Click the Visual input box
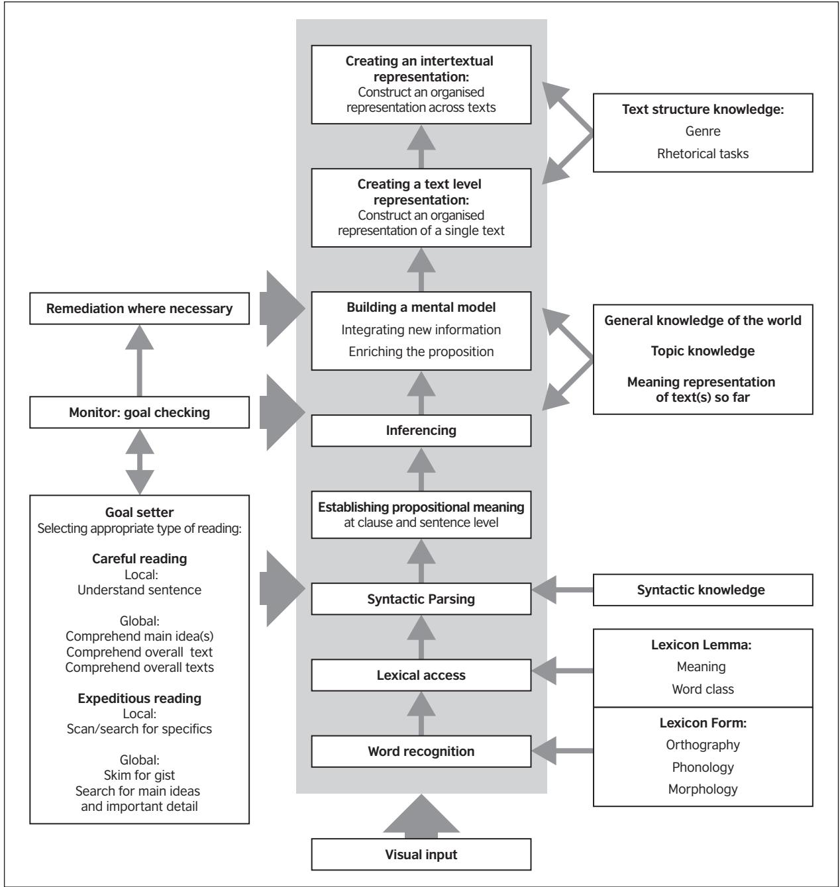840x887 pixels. (421, 854)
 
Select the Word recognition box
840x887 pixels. (421, 751)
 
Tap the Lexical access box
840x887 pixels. (421, 675)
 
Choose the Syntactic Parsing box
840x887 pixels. (421, 598)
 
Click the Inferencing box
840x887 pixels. (421, 430)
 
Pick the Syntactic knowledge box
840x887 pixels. (703, 590)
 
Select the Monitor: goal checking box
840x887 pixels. (139, 412)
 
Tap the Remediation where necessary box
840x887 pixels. (139, 308)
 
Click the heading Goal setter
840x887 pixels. (139, 512)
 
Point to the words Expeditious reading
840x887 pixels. (139, 698)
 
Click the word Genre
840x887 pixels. (703, 131)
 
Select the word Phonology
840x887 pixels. (703, 767)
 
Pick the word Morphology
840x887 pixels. (703, 789)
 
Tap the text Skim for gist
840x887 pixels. (139, 775)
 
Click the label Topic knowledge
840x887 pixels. (703, 351)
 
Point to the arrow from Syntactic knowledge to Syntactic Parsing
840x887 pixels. (562, 590)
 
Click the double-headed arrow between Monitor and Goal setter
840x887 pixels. (139, 461)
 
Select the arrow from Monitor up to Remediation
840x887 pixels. (139, 361)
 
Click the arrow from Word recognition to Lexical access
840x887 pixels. (421, 714)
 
